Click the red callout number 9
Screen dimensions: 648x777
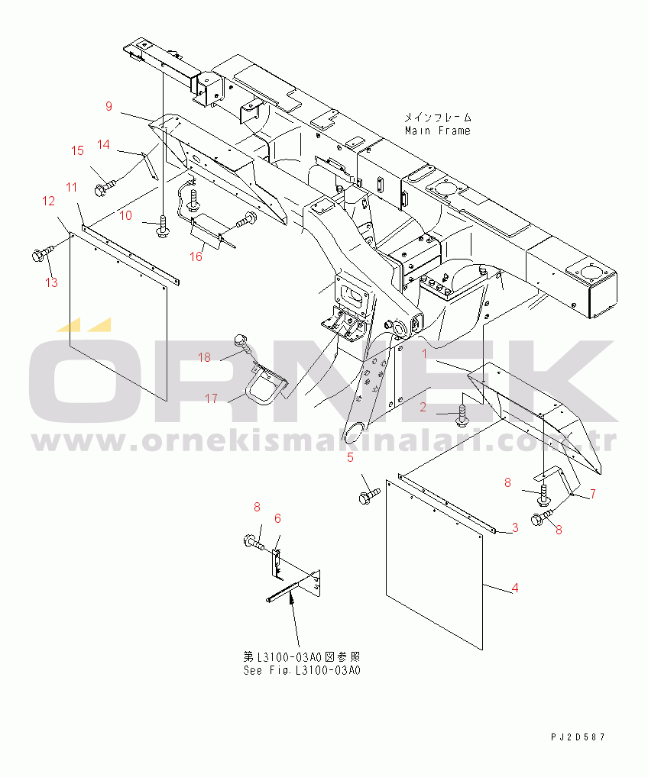pos(109,106)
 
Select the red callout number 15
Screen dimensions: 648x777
pos(77,150)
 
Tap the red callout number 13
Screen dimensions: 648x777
pos(52,282)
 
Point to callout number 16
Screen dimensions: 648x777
pos(196,256)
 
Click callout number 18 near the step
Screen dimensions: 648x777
pos(205,357)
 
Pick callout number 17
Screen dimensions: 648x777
pos(212,398)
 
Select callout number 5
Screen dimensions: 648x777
pos(350,457)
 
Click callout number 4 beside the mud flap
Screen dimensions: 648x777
pos(515,588)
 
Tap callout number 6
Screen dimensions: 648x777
pos(277,518)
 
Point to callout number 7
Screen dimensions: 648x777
pos(592,494)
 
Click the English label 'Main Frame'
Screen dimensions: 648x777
pos(438,131)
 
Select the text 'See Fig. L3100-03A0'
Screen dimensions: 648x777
pos(302,670)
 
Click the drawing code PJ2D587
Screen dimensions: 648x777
pos(578,737)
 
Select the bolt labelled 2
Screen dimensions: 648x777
pos(462,415)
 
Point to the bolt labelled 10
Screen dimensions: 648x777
pos(162,226)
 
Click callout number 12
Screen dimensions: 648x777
pos(49,202)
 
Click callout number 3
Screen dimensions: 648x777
pos(515,527)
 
